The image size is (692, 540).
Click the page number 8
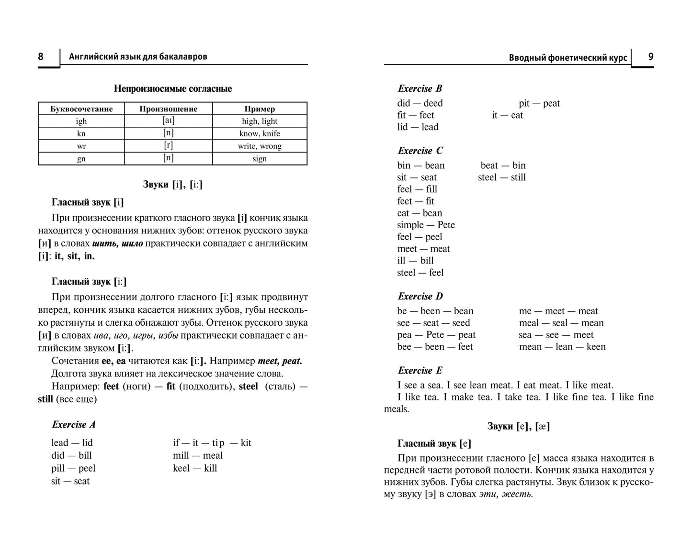[41, 57]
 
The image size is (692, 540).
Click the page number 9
[650, 56]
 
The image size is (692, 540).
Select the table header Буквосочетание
[81, 109]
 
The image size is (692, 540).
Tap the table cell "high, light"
[260, 121]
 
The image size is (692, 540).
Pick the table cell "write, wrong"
[260, 146]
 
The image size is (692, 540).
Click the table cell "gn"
[81, 158]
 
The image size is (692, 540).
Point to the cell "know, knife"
[260, 133]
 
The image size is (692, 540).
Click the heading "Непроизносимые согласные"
[172, 88]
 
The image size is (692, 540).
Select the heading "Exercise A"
[74, 424]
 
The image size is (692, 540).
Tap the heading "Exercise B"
[420, 88]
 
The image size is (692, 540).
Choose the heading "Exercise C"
[420, 151]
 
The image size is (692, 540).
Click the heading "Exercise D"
[420, 297]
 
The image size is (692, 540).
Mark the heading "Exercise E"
[420, 371]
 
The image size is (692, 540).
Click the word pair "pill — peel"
[73, 468]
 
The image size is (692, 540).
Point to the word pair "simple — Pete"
[426, 225]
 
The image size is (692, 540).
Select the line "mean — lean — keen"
[562, 347]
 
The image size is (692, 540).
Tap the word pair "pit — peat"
[539, 103]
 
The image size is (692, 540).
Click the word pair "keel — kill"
[195, 468]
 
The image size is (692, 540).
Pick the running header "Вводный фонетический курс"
[567, 58]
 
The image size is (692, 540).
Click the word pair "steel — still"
[501, 177]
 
